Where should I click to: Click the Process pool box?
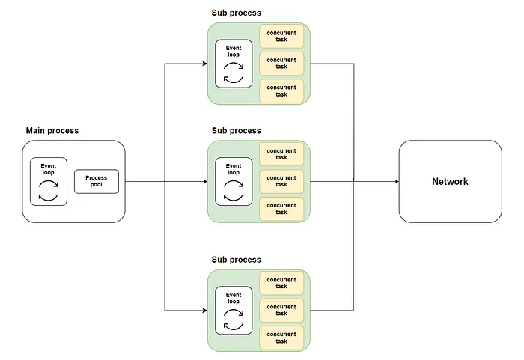(x=97, y=181)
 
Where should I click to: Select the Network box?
(x=450, y=181)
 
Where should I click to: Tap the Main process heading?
(x=52, y=131)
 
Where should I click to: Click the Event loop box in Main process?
(x=48, y=181)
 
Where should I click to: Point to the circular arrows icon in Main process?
(x=48, y=192)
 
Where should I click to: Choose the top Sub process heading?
(x=236, y=13)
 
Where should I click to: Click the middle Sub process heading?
(x=236, y=131)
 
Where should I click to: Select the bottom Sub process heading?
(x=236, y=260)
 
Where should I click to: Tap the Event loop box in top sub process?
(x=234, y=64)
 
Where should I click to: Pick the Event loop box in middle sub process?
(x=234, y=181)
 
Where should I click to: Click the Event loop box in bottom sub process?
(x=234, y=310)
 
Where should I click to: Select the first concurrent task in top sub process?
(x=281, y=37)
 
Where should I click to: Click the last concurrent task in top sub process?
(x=281, y=91)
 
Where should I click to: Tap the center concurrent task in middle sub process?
(x=281, y=181)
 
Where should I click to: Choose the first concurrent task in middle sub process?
(x=281, y=154)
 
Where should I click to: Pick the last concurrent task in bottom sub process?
(x=281, y=337)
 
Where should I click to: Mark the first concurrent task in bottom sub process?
(x=281, y=283)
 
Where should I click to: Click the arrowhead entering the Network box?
(x=394, y=181)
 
